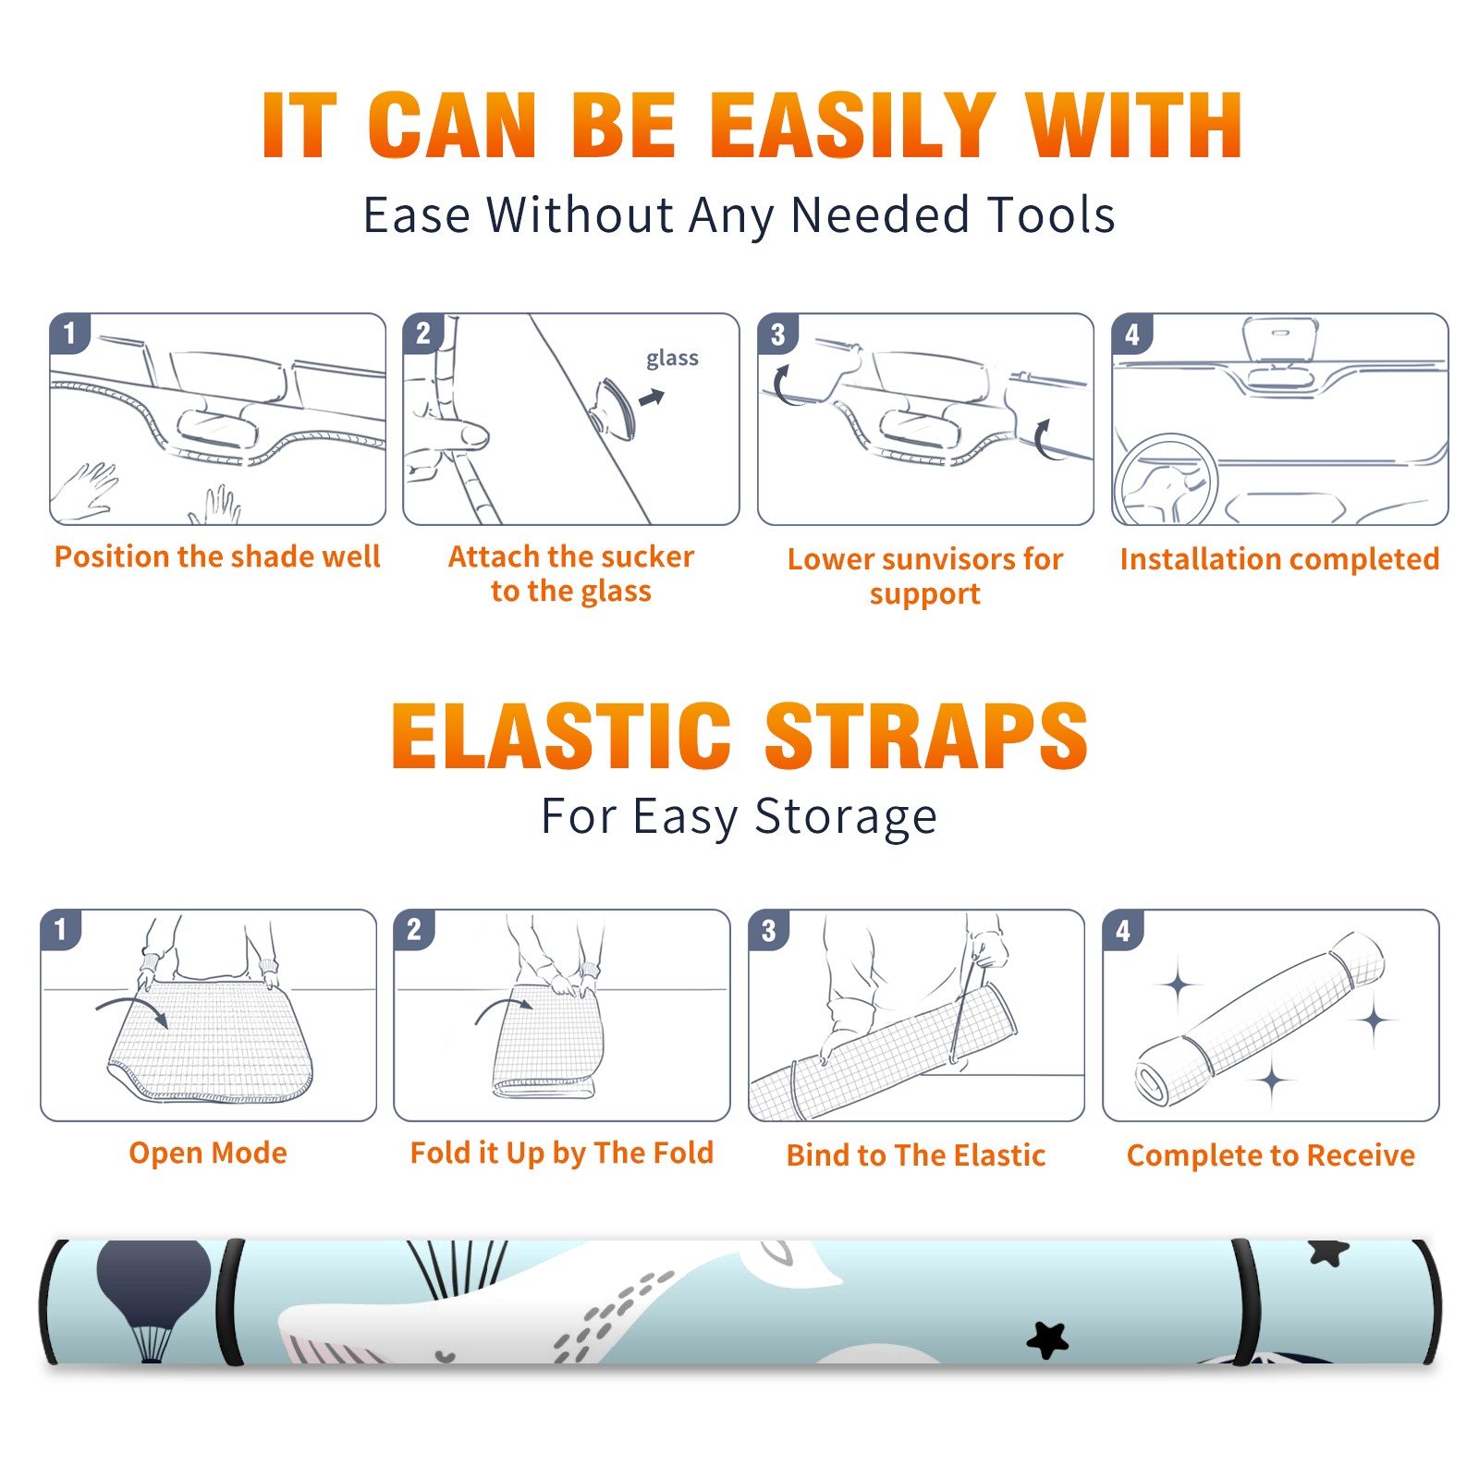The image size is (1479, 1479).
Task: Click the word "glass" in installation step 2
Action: pyautogui.click(x=672, y=359)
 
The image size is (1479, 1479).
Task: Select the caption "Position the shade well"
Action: pyautogui.click(x=217, y=556)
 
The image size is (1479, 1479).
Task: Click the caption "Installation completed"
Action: pyautogui.click(x=1279, y=559)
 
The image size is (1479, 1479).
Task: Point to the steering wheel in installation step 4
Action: pyautogui.click(x=1165, y=481)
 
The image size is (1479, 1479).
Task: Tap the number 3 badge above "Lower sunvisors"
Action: pyautogui.click(x=777, y=335)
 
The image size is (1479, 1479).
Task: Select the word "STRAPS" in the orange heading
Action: pyautogui.click(x=926, y=736)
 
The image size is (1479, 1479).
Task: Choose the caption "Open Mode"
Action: pyautogui.click(x=208, y=1153)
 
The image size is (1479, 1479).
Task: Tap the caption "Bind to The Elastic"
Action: pyautogui.click(x=916, y=1155)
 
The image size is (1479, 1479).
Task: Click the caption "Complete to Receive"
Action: pyautogui.click(x=1271, y=1155)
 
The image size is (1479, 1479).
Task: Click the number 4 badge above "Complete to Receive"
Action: pyautogui.click(x=1123, y=930)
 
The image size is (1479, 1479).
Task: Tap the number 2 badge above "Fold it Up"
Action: pyautogui.click(x=414, y=929)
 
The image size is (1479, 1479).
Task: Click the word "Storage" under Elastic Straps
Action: pyautogui.click(x=846, y=817)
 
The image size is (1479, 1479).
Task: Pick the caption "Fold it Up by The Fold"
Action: pyautogui.click(x=562, y=1153)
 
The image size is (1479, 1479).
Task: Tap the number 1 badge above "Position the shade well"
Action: pyautogui.click(x=69, y=333)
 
